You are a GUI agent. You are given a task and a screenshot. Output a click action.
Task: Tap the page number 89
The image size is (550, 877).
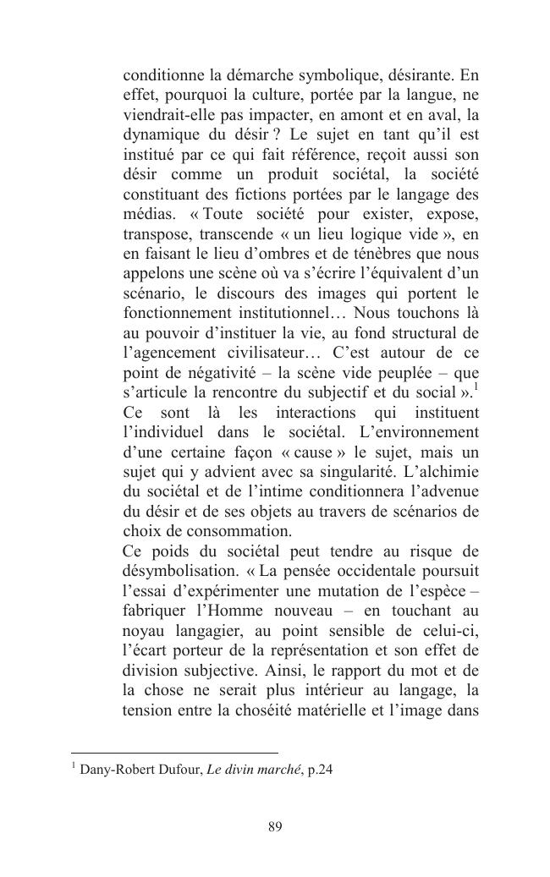(x=274, y=826)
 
